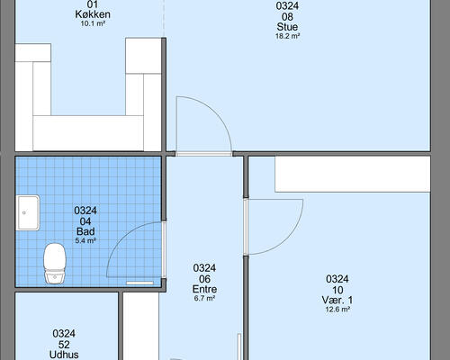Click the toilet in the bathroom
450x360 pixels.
(x=55, y=263)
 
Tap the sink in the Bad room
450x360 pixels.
(x=28, y=212)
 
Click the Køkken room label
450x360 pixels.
(x=93, y=14)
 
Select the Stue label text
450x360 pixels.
(x=287, y=27)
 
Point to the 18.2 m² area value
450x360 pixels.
(x=288, y=36)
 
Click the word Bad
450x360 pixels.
(x=85, y=231)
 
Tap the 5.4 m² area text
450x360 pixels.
(x=85, y=240)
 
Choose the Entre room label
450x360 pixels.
(x=204, y=289)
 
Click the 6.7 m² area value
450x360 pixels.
(x=204, y=298)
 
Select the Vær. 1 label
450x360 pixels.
(x=337, y=300)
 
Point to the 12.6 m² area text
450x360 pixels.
(x=337, y=310)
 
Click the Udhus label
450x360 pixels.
(x=64, y=355)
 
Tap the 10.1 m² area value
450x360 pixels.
(x=93, y=23)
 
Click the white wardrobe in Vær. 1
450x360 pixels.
(x=353, y=174)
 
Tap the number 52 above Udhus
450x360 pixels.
(x=64, y=345)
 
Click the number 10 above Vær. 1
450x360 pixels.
(x=337, y=290)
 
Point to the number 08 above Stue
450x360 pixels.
(x=287, y=17)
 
